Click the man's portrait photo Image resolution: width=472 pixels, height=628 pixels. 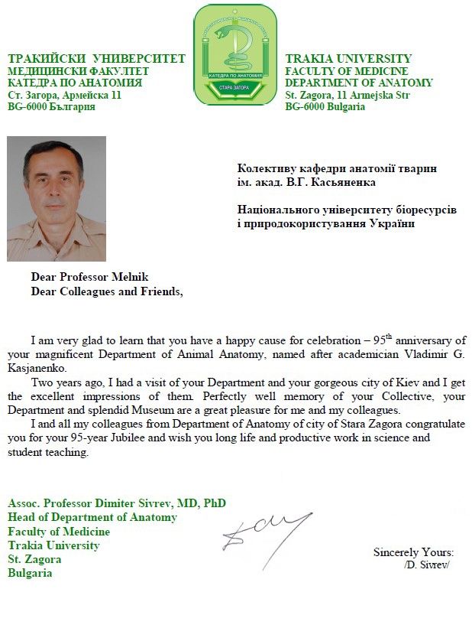point(57,198)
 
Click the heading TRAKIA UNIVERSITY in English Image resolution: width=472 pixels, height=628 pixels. point(348,59)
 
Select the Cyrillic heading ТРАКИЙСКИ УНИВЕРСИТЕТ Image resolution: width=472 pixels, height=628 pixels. point(96,59)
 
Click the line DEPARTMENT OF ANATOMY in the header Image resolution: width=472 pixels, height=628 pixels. point(358,83)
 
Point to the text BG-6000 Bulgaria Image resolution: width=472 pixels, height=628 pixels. point(325,106)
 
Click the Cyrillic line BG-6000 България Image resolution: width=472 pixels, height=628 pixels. point(51,106)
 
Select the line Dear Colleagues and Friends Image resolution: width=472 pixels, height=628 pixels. point(106,291)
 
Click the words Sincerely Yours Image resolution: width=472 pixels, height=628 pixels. point(413,552)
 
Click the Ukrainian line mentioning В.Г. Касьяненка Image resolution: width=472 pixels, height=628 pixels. point(306,181)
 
